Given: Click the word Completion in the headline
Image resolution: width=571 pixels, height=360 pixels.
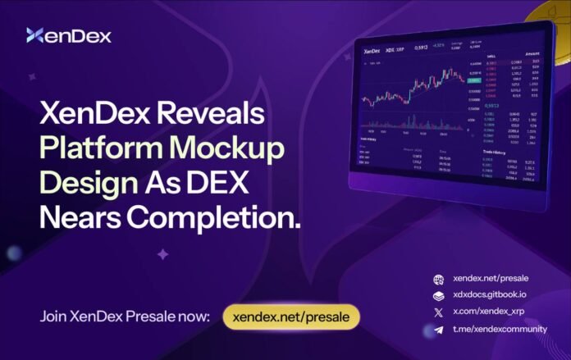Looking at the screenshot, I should (x=217, y=218).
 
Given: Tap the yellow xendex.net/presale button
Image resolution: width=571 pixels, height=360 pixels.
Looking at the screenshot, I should (x=291, y=317).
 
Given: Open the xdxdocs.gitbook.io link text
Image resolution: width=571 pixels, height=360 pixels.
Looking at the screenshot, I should (x=490, y=296).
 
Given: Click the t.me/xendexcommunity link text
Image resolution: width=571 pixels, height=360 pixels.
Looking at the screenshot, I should (x=501, y=330).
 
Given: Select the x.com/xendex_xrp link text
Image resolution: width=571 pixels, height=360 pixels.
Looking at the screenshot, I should (x=491, y=312).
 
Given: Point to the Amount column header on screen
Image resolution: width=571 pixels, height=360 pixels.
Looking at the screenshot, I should (x=534, y=52).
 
